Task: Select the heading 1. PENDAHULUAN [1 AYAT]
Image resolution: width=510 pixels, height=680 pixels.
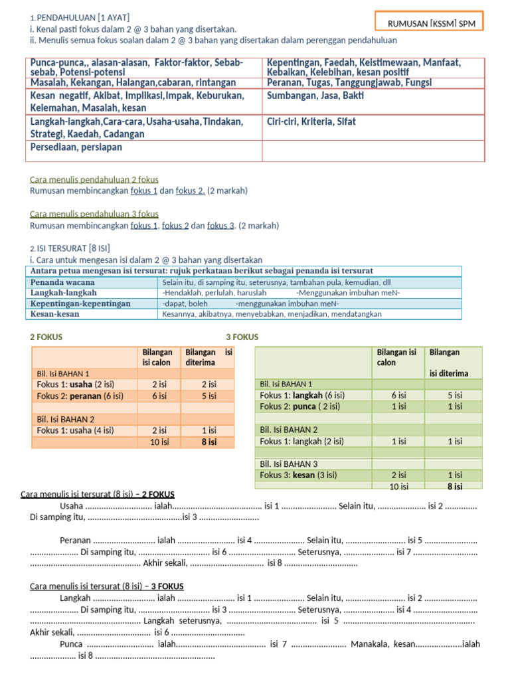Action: (80, 17)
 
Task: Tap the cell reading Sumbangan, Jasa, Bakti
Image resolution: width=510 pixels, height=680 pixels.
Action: (306, 96)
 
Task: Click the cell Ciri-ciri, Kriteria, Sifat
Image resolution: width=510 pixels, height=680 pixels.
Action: (311, 122)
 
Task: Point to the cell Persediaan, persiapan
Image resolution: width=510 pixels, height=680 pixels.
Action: (76, 147)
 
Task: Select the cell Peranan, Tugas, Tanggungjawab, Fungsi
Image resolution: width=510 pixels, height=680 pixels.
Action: (349, 82)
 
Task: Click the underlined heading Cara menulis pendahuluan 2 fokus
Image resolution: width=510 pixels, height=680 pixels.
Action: (94, 179)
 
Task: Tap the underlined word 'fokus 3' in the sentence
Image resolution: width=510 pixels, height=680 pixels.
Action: (221, 226)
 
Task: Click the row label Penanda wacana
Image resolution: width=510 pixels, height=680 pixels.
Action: (63, 282)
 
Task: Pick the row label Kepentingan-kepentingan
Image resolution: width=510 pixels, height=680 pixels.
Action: (81, 303)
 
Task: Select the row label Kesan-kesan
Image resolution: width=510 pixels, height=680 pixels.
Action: (55, 314)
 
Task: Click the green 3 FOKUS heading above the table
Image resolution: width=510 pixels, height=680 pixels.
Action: (242, 337)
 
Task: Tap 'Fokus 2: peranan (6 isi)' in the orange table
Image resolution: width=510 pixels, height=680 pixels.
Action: (80, 396)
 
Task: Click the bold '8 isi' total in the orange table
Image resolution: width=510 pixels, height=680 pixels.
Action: (209, 442)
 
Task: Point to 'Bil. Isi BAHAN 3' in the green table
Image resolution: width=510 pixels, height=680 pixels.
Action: (289, 464)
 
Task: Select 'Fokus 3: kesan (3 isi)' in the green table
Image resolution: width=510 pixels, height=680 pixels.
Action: (299, 475)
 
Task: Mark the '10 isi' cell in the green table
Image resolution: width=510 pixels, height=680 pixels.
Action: (398, 486)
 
